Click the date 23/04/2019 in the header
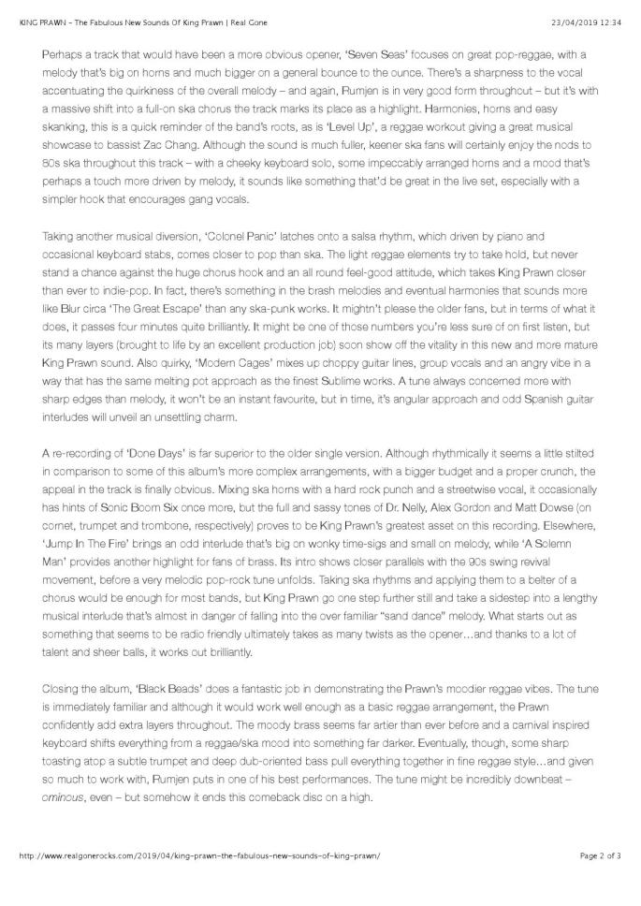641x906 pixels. coord(569,8)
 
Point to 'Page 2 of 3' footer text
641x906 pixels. coord(600,882)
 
